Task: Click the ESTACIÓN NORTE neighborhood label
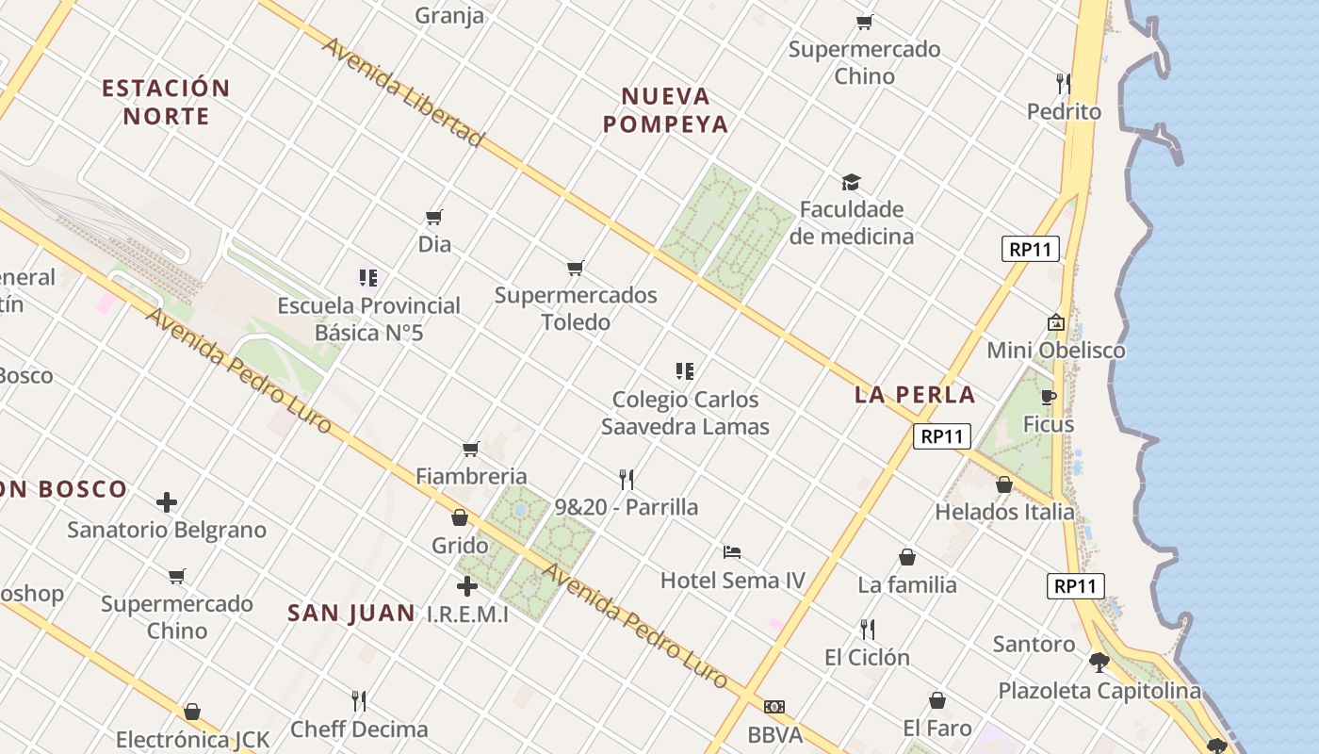[166, 103]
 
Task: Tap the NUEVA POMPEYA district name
[666, 110]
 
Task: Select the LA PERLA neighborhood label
[915, 395]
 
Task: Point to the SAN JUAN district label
[350, 614]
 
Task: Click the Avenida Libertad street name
[403, 92]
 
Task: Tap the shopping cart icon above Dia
[434, 218]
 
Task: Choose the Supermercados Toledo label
[576, 308]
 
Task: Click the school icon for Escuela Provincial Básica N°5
[368, 278]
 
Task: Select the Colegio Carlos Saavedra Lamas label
[685, 413]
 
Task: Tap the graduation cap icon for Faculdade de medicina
[851, 182]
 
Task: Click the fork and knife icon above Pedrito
[1064, 84]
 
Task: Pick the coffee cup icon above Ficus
[1049, 397]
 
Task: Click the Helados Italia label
[1004, 512]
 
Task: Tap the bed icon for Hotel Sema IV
[732, 551]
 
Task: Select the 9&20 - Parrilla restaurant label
[627, 507]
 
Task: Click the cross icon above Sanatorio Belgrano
[167, 502]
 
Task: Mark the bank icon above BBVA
[774, 707]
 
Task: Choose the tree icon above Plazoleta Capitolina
[1099, 662]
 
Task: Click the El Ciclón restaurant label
[867, 657]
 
